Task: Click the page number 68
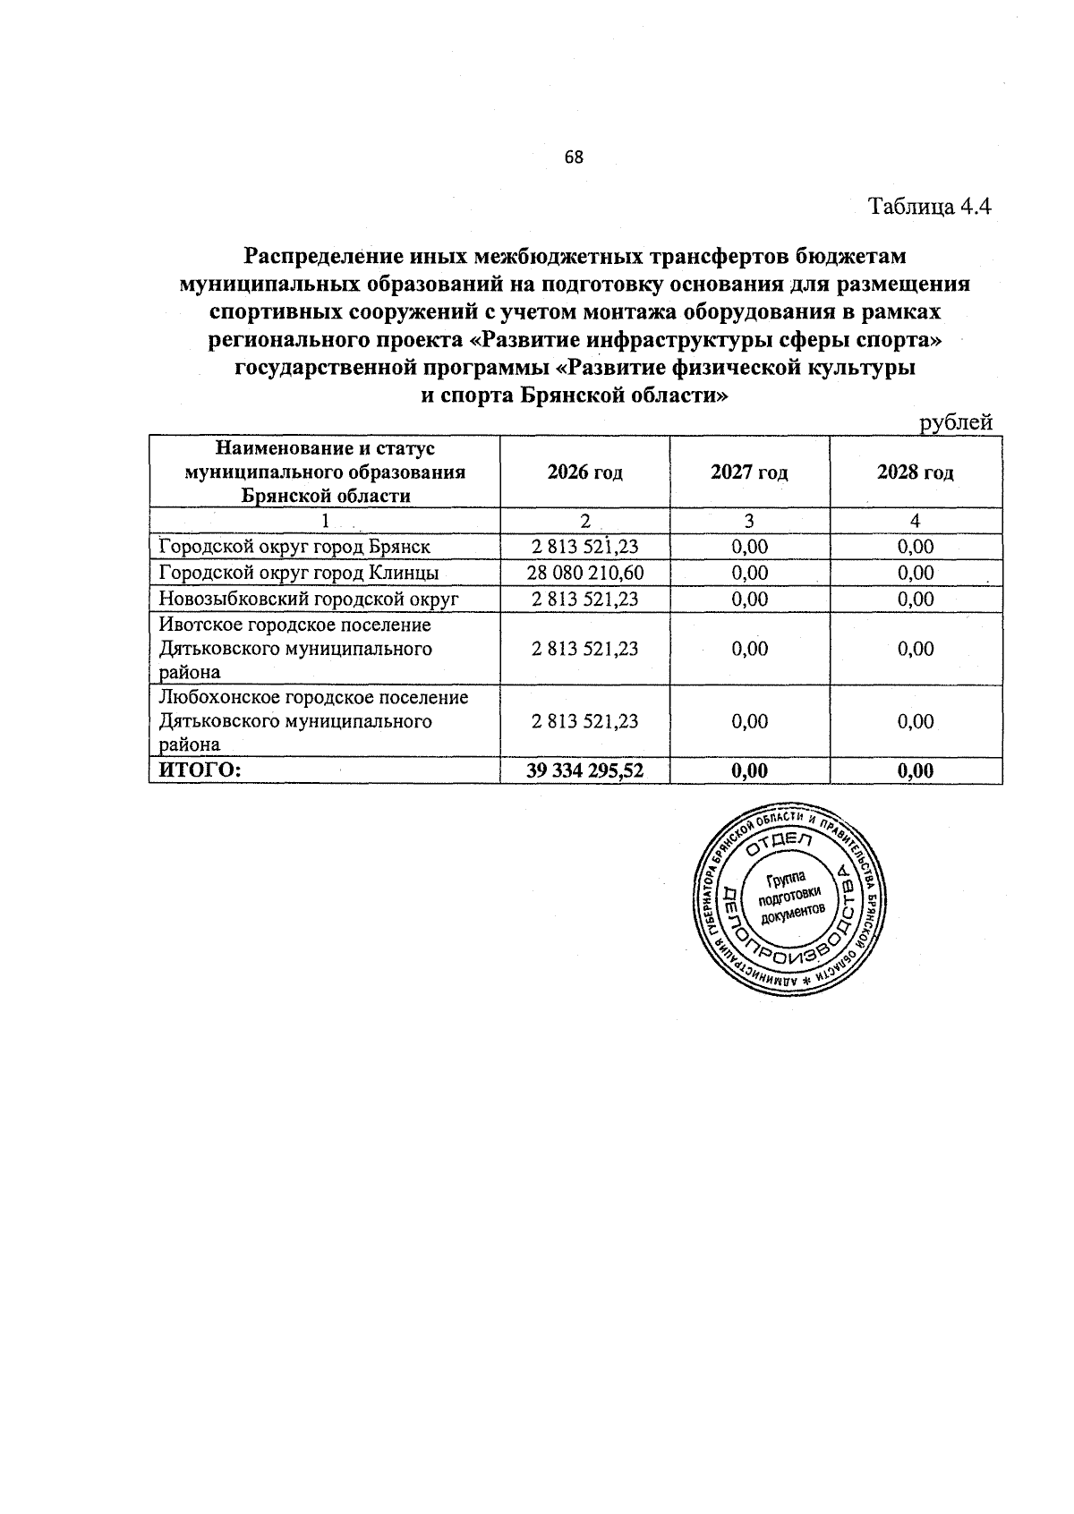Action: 574,157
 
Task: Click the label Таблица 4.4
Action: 931,207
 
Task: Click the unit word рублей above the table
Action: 958,422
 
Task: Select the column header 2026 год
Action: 584,472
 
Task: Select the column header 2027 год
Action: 749,472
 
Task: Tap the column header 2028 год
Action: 916,472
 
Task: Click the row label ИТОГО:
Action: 200,770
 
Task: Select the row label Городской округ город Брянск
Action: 294,547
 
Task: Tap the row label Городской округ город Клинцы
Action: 298,573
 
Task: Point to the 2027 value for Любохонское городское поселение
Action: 749,721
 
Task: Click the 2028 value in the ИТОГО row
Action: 916,770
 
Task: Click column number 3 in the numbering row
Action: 749,521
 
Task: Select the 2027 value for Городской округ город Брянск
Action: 749,547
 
